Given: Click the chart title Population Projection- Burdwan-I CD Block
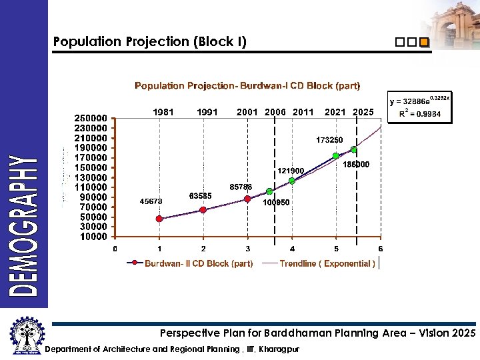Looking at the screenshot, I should pyautogui.click(x=247, y=86).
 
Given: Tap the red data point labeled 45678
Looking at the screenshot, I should pyautogui.click(x=159, y=219).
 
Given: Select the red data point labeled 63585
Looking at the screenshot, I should pyautogui.click(x=203, y=209).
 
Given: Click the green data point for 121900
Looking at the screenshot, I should pyautogui.click(x=292, y=181).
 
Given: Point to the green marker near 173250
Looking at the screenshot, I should pyautogui.click(x=336, y=156).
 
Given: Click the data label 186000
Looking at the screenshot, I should pyautogui.click(x=357, y=165).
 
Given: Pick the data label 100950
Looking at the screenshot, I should pyautogui.click(x=276, y=202).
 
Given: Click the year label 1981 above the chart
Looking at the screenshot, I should pyautogui.click(x=163, y=112).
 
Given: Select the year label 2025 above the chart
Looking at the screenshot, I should pyautogui.click(x=363, y=112).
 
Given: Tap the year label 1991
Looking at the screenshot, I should pyautogui.click(x=208, y=112).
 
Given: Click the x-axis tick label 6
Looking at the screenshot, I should pyautogui.click(x=381, y=249).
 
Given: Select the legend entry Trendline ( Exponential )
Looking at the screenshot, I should pyautogui.click(x=327, y=263).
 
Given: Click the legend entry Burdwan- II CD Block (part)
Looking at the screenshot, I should pyautogui.click(x=199, y=263).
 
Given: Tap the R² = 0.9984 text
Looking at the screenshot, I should pyautogui.click(x=424, y=114).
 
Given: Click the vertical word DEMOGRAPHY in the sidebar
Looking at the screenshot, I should pyautogui.click(x=24, y=225).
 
